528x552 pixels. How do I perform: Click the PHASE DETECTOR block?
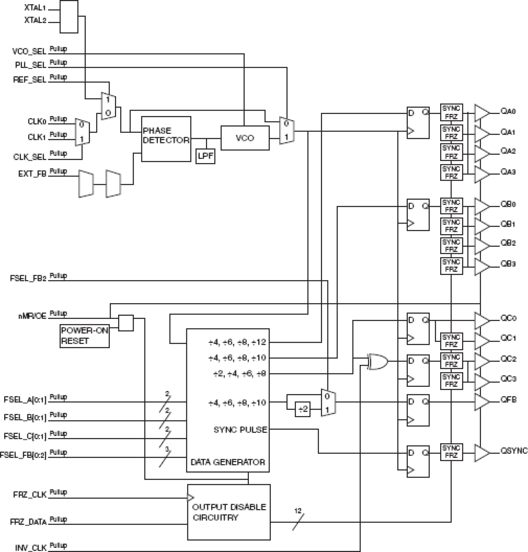(166, 139)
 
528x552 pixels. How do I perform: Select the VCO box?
(245, 138)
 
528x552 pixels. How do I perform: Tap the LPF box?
(206, 156)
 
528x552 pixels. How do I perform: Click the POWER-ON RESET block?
(84, 335)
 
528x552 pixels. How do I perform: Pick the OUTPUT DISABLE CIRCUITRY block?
(229, 512)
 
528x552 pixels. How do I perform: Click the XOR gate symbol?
(377, 362)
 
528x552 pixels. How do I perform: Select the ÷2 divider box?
(303, 409)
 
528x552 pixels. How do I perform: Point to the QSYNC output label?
(514, 451)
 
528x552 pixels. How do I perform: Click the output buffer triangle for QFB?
(482, 402)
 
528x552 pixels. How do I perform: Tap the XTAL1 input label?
(35, 8)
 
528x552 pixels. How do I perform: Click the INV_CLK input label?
(30, 548)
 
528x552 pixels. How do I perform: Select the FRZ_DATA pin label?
(28, 522)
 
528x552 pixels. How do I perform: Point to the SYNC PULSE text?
(240, 430)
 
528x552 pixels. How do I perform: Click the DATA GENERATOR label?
(227, 462)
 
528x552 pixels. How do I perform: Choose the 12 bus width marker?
(298, 511)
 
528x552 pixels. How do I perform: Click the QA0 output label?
(508, 112)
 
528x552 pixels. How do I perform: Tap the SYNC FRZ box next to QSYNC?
(451, 452)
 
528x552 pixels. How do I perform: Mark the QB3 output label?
(508, 264)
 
